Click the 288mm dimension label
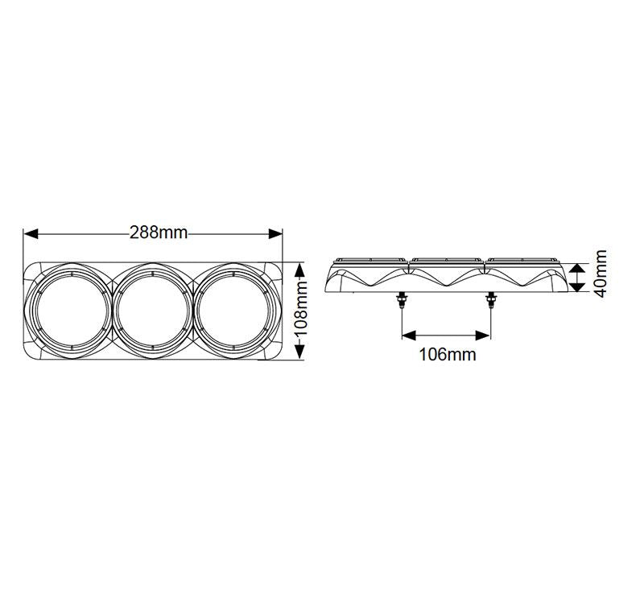click(159, 233)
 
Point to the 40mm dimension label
click(600, 274)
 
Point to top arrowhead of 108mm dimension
click(299, 266)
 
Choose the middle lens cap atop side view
click(446, 260)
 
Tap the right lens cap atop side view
click(521, 260)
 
